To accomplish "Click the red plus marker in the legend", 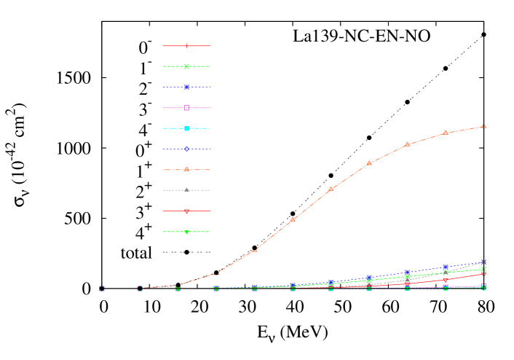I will point(187,46).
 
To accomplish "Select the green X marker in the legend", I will point(187,66).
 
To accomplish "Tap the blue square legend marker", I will point(187,87).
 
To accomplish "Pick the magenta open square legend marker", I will point(187,108).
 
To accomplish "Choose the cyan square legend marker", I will point(187,128).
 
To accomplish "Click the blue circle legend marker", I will point(187,149).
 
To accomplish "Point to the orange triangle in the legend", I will point(187,169).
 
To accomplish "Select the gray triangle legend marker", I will point(187,190).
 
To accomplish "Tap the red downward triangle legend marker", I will point(187,211).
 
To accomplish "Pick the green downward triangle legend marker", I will point(187,232).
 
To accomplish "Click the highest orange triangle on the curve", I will point(483,126).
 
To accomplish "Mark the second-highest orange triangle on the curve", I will point(446,133).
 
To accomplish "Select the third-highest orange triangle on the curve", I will point(407,144).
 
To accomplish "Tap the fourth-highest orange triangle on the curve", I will point(369,163).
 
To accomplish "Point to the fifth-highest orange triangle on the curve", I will point(331,189).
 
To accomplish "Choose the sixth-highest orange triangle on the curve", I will point(293,219).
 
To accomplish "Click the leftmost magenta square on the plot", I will point(102,289).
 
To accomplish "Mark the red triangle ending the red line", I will point(483,275).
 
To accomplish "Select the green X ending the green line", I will point(483,269).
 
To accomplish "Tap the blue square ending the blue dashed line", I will point(483,262).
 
